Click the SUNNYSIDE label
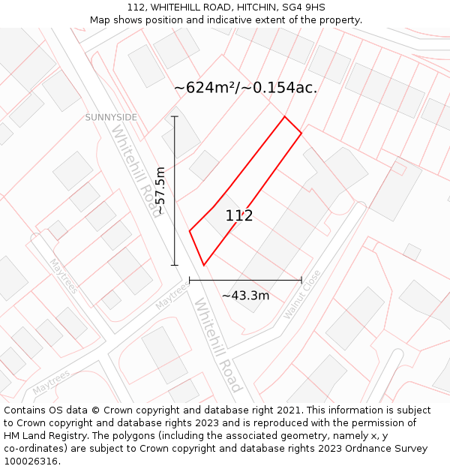[111, 117]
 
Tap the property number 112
[239, 216]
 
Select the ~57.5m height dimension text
[160, 191]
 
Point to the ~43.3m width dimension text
[245, 296]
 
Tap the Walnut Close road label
[301, 295]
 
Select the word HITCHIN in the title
[242, 8]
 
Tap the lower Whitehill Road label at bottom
[218, 346]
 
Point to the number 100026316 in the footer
[31, 461]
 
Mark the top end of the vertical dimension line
[175, 116]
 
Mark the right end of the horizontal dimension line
[301, 280]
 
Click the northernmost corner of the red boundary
[284, 116]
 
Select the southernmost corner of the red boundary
[203, 265]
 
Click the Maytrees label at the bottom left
[51, 382]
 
